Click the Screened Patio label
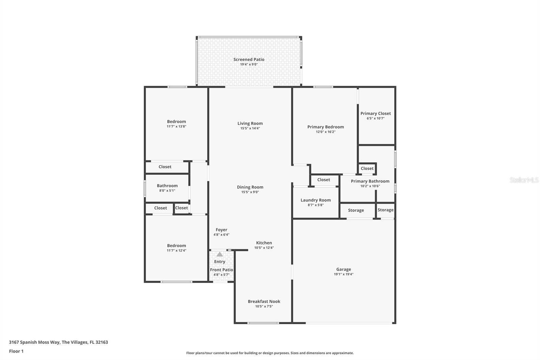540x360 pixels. coord(249,59)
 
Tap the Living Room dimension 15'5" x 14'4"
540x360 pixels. coord(250,128)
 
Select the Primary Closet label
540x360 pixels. coord(375,113)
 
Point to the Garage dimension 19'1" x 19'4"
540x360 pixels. coord(344,274)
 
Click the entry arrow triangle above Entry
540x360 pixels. coord(220,254)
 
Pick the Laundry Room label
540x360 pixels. coord(316,200)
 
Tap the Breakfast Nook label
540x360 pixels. coord(264,301)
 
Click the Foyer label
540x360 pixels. coord(221,230)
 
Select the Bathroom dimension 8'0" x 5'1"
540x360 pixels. coord(167,190)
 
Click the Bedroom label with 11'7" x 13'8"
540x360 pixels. coord(176,122)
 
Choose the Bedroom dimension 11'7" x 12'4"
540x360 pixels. coord(176,251)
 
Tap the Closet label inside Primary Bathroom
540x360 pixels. coord(367,168)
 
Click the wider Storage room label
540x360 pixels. coord(356,210)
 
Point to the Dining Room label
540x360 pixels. coord(250,187)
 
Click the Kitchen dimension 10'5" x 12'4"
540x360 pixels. coord(264,248)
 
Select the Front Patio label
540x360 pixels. coord(221,269)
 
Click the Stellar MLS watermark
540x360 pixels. coord(524,180)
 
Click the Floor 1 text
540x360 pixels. coord(16,351)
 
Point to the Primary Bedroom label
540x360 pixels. coord(325,127)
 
